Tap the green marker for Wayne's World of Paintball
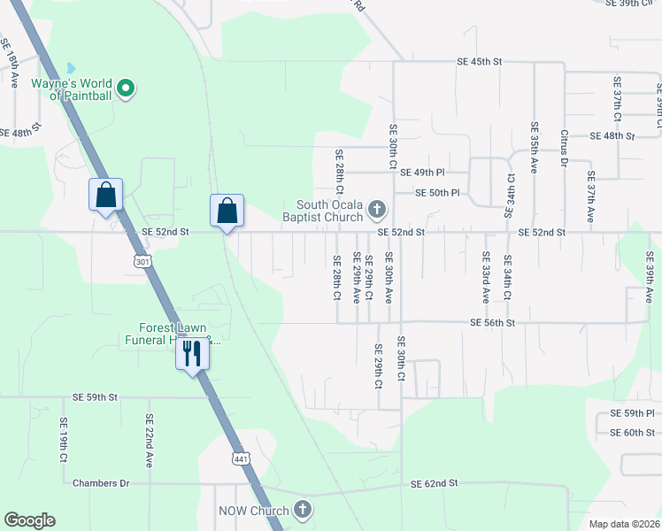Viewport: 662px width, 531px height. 126,88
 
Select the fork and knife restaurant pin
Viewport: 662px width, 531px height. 192,354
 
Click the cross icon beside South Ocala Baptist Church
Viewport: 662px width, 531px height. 377,210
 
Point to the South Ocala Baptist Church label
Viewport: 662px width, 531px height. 323,210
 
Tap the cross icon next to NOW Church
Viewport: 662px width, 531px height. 303,509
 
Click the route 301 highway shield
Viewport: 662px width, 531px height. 144,261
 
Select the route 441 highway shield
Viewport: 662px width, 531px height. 241,458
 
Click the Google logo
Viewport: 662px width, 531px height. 29,520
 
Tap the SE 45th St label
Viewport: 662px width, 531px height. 479,62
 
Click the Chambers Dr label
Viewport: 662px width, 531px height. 101,483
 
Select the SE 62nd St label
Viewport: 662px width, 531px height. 434,484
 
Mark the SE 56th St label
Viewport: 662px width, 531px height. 492,323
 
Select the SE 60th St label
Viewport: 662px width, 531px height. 632,433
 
